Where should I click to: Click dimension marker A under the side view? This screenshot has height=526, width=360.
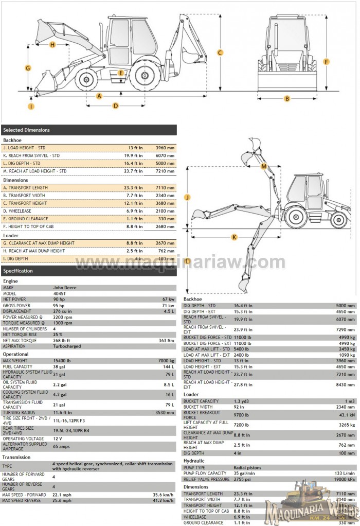point(99,96)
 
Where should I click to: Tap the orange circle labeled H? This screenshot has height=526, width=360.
point(52,45)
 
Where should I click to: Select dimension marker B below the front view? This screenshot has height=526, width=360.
point(287,98)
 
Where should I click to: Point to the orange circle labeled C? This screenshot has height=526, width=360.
point(220,52)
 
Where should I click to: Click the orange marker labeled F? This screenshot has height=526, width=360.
point(326,62)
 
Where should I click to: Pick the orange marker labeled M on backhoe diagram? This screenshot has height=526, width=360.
point(264,166)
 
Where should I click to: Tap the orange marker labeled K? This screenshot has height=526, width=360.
point(235,237)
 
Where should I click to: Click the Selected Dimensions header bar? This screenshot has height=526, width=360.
point(88,130)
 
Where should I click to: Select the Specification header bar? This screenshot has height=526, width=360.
point(88,271)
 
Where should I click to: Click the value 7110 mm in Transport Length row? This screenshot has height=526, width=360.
point(166,187)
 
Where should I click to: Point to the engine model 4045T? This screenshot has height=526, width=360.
point(61,293)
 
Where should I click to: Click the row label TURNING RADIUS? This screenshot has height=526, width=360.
point(20,412)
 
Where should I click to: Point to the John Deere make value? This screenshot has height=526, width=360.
point(65,288)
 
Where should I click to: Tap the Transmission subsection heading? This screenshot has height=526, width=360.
point(16,457)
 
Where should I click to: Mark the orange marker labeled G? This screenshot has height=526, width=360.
point(28,68)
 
